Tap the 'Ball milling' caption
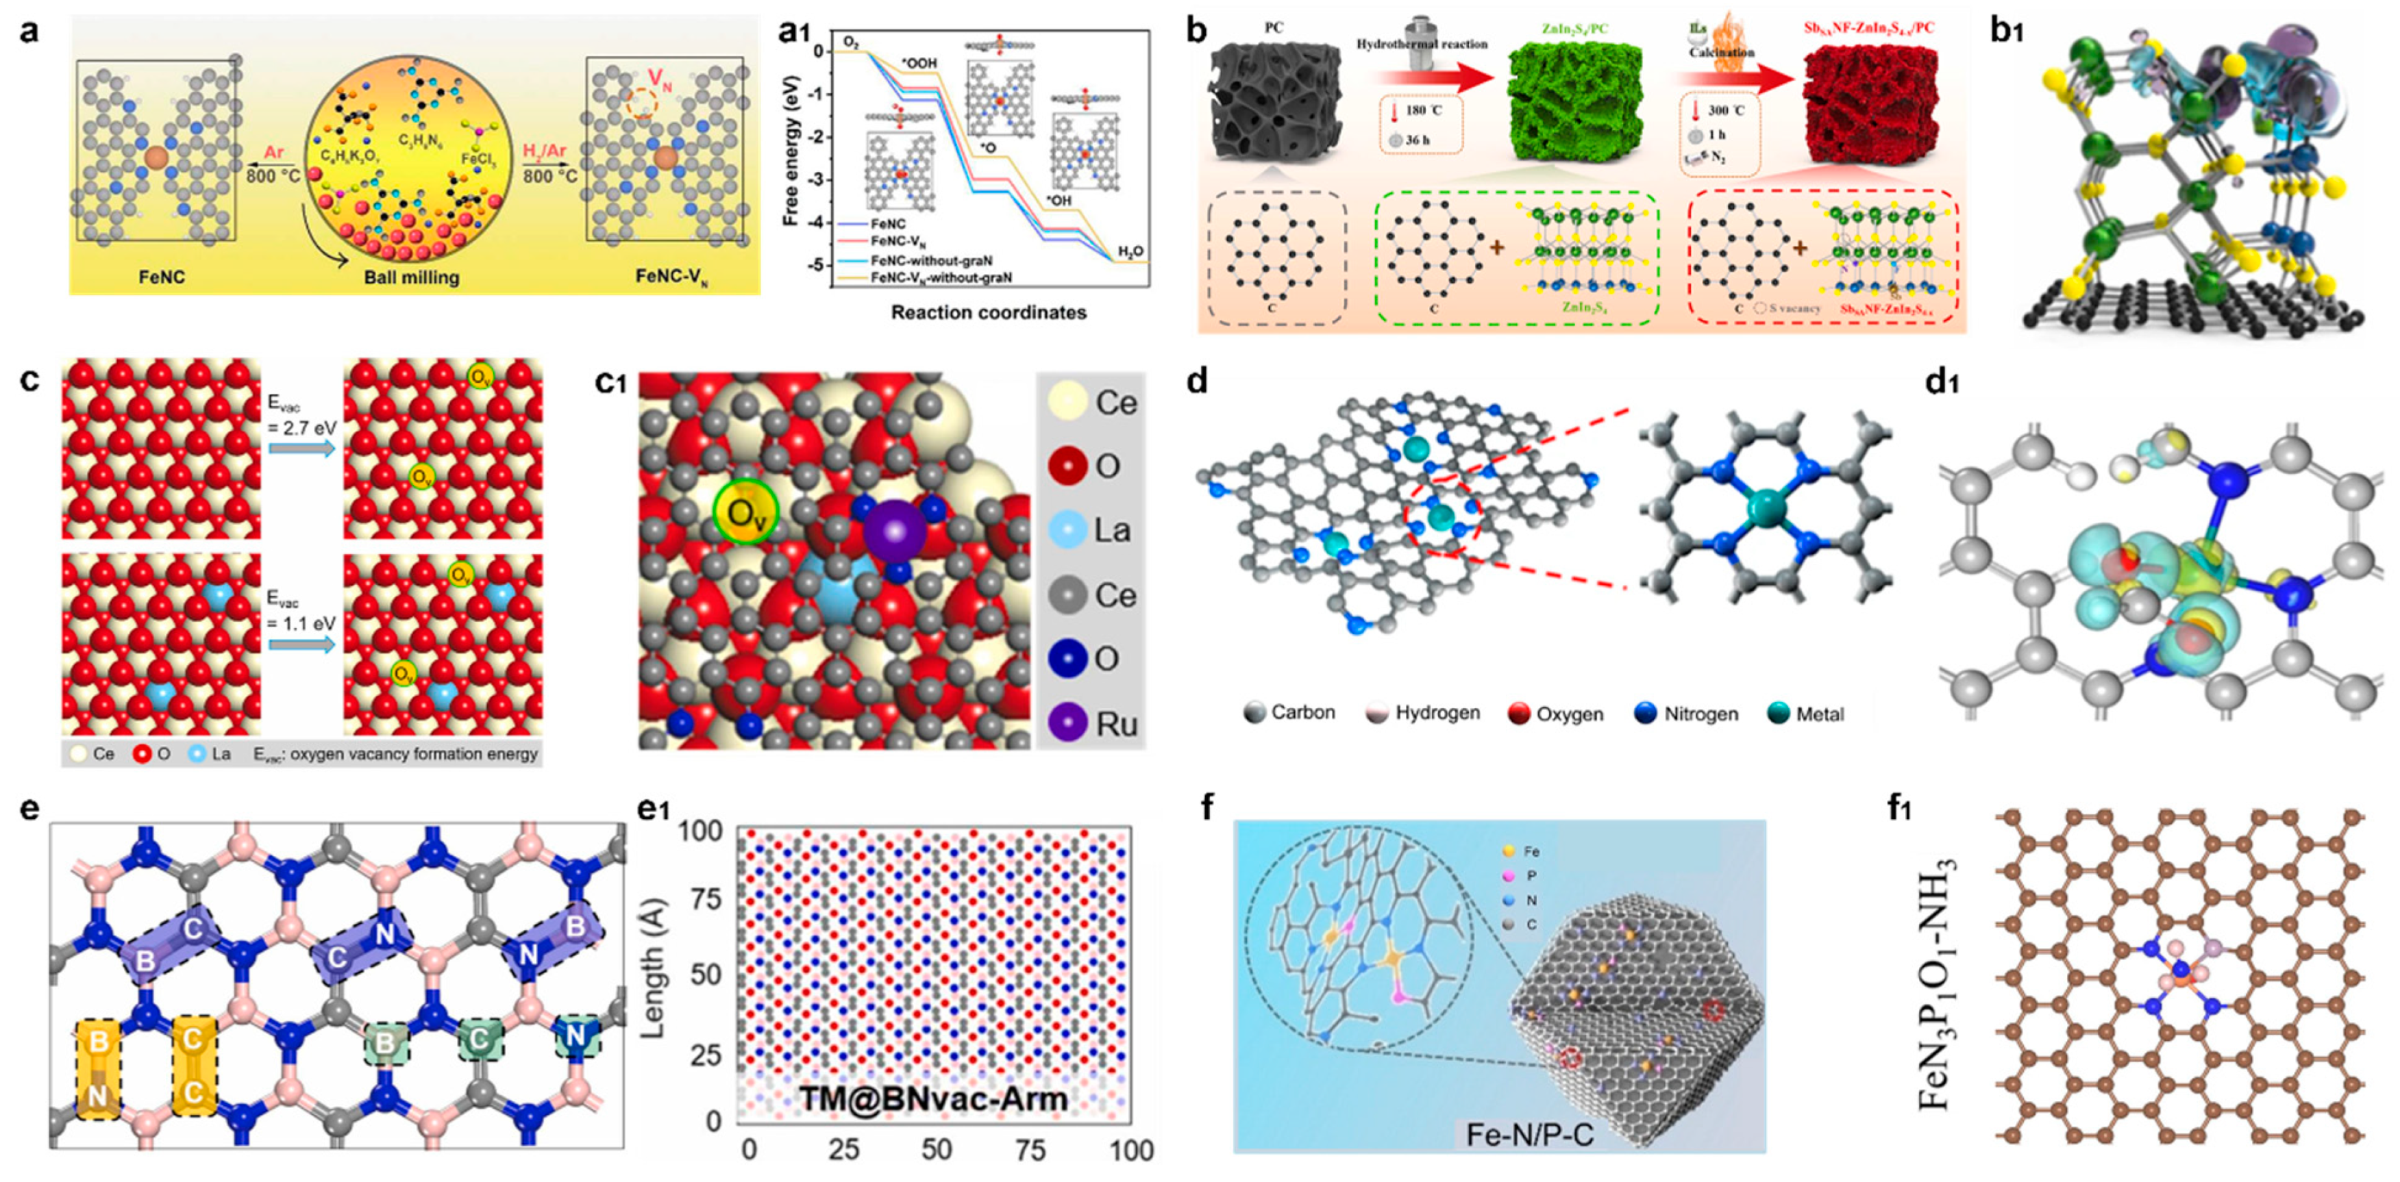(x=411, y=277)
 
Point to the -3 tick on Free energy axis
(x=817, y=180)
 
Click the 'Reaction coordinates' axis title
(x=989, y=312)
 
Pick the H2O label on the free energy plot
(x=1131, y=251)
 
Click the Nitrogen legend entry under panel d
(x=1686, y=714)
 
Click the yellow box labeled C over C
(x=194, y=1066)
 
